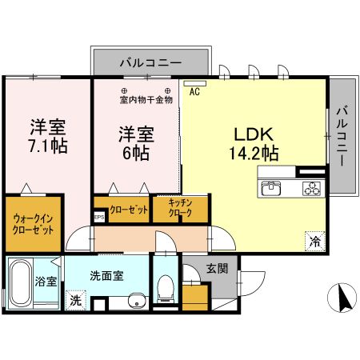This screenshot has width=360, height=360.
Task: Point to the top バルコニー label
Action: pyautogui.click(x=151, y=62)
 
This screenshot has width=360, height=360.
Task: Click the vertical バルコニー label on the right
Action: pyautogui.click(x=342, y=135)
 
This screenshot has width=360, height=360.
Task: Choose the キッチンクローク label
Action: pyautogui.click(x=180, y=209)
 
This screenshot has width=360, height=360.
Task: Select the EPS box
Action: pyautogui.click(x=99, y=216)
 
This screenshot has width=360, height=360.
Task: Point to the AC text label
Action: pyautogui.click(x=194, y=92)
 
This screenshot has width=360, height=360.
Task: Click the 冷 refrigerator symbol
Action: pyautogui.click(x=314, y=238)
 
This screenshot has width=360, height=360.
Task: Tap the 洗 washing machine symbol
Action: pyautogui.click(x=74, y=302)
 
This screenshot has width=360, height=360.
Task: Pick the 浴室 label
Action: pyautogui.click(x=46, y=282)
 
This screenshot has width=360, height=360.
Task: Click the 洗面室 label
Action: pyautogui.click(x=106, y=276)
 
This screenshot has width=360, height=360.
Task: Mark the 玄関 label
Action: pyautogui.click(x=217, y=268)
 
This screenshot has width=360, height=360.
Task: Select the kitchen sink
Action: pyautogui.click(x=271, y=189)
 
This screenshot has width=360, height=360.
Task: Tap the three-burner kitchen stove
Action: pyautogui.click(x=310, y=189)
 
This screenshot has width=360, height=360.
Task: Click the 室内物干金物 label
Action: pyautogui.click(x=146, y=100)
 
